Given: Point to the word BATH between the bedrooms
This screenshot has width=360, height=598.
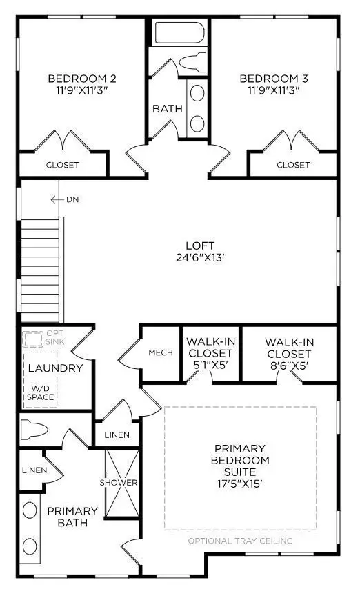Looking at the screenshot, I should pos(167,108).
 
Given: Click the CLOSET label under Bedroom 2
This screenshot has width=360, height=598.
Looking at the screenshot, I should pos(63,165).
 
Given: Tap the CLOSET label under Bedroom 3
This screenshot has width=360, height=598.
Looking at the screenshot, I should pos(293,165).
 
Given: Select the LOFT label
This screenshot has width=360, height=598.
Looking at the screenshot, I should pos(200,246).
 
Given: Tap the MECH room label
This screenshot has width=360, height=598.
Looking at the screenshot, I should pos(161,352).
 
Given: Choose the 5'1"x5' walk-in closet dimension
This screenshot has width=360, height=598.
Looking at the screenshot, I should pos(209,366).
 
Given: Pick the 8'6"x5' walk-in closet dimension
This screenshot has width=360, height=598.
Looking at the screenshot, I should pos(290,366).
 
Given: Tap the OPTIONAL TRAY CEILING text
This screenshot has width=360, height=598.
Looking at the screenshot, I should pos(240,541).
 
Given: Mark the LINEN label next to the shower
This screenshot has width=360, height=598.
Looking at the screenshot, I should pos(116,435).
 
